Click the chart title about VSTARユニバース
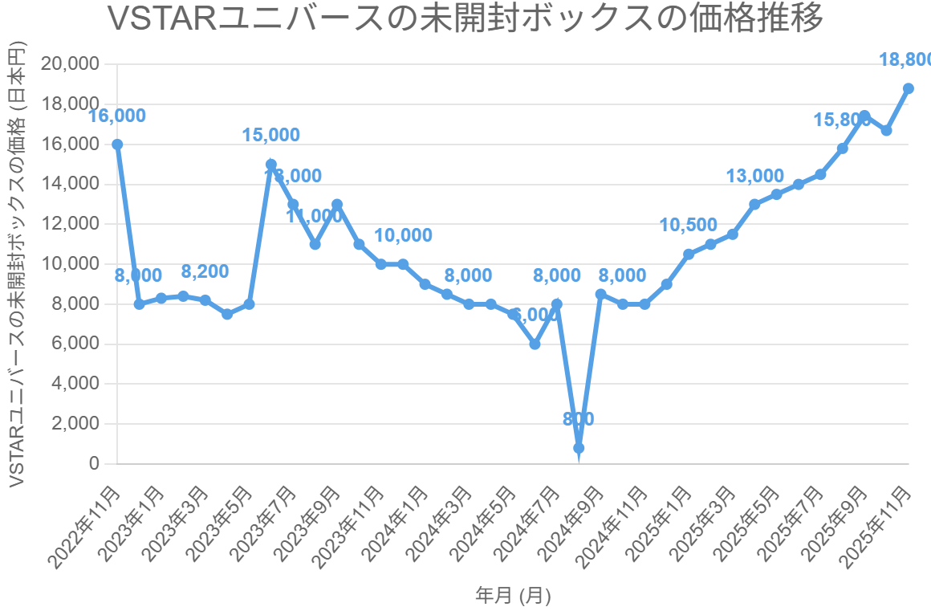[465, 19]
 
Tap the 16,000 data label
[117, 116]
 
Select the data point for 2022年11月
[117, 145]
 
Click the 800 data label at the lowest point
[579, 419]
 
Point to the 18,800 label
[905, 59]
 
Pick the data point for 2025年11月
[909, 88]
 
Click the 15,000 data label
[271, 136]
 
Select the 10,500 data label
[689, 226]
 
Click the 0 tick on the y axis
[95, 463]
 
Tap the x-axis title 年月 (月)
[513, 596]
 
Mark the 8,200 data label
[205, 271]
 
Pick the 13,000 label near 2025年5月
[754, 176]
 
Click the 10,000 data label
[403, 236]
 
